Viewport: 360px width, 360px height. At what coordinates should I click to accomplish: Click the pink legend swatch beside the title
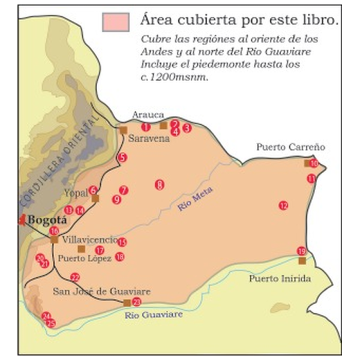(x=115, y=22)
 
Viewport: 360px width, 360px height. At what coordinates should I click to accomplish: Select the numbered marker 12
(x=283, y=205)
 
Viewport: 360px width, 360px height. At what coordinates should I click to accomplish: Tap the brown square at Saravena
(x=123, y=130)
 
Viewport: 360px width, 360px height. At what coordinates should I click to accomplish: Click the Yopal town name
(x=74, y=193)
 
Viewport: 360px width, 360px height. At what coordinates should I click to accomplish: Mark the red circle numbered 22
(x=75, y=277)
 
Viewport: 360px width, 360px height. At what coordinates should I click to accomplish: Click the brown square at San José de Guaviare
(x=127, y=302)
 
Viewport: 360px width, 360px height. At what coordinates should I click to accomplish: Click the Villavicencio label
(x=89, y=239)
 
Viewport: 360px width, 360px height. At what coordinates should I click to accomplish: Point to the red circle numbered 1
(x=146, y=127)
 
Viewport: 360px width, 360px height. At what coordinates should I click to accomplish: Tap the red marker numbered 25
(x=51, y=323)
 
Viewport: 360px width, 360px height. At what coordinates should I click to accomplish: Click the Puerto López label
(x=85, y=259)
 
